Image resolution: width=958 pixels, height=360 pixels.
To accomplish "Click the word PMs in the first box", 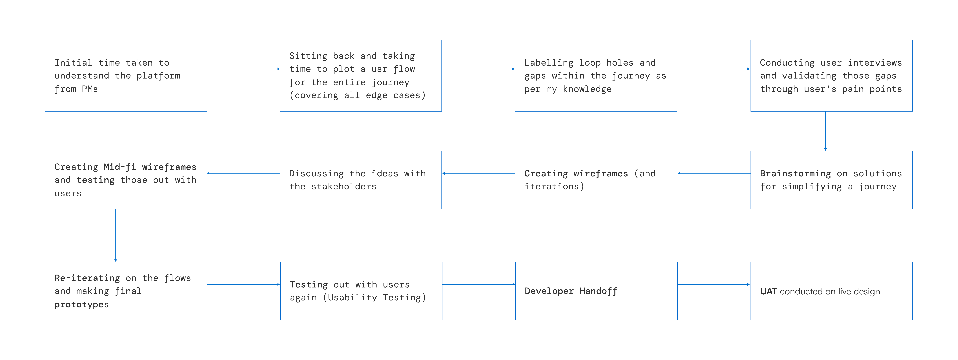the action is [90, 89].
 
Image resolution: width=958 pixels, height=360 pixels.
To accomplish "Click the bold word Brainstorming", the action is [795, 174].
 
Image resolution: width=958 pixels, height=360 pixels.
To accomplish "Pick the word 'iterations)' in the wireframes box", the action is [554, 186].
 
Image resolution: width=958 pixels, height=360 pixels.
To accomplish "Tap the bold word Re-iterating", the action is [87, 278].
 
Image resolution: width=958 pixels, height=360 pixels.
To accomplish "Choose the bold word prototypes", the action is [81, 305].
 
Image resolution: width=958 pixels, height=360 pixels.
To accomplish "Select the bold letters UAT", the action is [768, 291].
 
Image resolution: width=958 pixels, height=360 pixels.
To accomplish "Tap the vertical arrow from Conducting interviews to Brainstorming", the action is [826, 131].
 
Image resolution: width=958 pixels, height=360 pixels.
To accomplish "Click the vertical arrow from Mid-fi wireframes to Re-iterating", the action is [116, 235].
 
